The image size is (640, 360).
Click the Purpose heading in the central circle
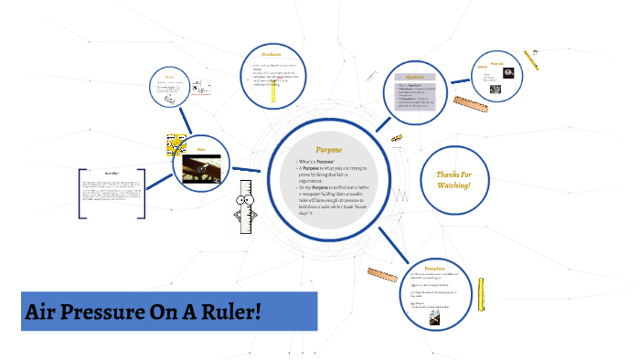tap(328, 148)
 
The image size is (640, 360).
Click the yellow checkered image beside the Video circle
tap(176, 143)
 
